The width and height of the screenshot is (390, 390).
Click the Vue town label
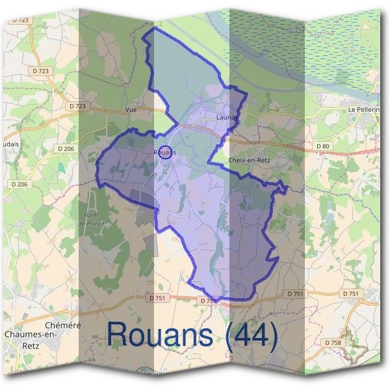131,110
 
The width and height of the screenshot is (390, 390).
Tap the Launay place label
225,117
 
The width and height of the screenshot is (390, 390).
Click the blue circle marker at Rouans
165,152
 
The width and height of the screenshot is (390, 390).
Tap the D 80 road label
323,146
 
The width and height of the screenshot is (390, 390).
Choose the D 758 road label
333,343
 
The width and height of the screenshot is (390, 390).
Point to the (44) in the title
249,334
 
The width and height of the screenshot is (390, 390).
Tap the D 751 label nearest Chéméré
157,298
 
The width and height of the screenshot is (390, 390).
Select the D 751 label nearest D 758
350,294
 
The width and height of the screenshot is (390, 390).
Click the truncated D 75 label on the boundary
207,301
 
